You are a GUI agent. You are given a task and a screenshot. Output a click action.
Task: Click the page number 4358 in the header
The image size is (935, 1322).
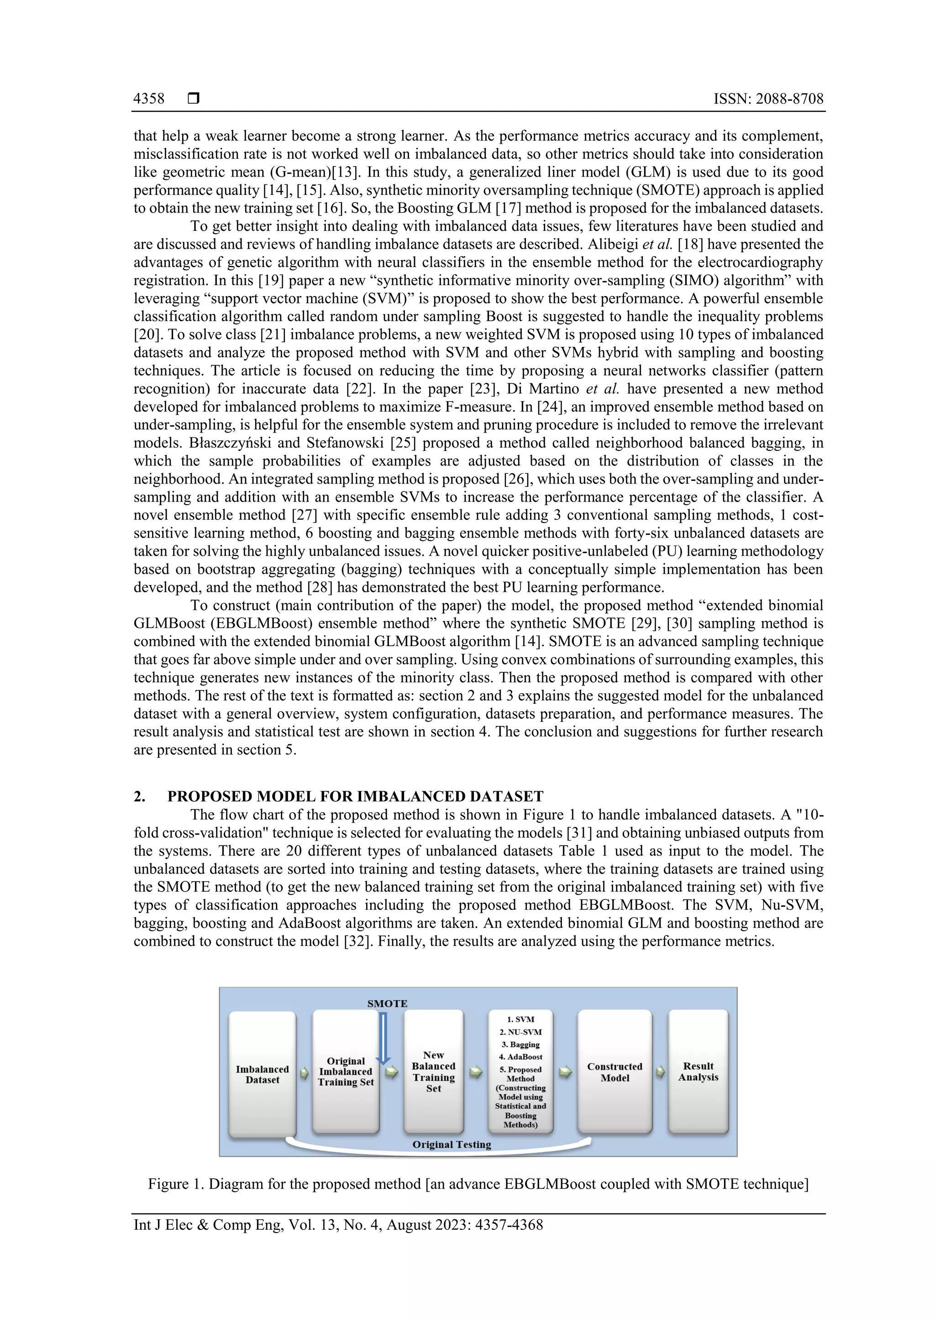click(x=149, y=99)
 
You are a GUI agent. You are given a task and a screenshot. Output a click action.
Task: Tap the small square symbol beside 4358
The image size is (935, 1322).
click(x=194, y=99)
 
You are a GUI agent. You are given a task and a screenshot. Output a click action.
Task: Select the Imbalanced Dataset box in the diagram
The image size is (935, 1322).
click(x=262, y=1074)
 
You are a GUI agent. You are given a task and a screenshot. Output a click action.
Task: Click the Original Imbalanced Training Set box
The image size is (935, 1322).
click(x=346, y=1071)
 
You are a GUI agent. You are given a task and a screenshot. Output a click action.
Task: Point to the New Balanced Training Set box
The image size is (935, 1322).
click(x=433, y=1071)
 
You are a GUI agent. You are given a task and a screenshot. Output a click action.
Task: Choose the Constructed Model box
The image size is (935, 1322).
click(x=615, y=1072)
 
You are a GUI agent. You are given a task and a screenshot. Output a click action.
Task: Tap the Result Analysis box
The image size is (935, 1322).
click(x=698, y=1071)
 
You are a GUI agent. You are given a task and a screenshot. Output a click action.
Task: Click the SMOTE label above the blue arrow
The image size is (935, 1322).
click(x=387, y=1003)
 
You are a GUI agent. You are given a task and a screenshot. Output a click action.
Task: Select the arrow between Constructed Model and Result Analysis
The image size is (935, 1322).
click(x=660, y=1072)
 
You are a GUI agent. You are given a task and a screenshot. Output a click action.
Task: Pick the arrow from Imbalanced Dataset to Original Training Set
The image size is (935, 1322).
click(x=304, y=1073)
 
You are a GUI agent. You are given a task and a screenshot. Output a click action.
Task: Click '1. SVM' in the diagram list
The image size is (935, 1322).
click(x=521, y=1019)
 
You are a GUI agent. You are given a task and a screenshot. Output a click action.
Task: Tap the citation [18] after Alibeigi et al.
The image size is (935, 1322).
click(x=690, y=244)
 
